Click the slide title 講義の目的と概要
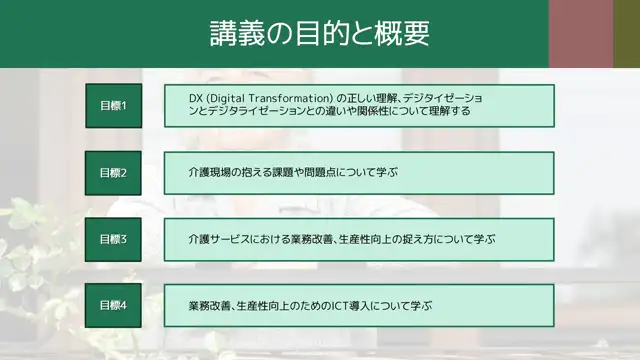click(319, 34)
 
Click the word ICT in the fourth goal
click(343, 305)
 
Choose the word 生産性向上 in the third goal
click(365, 239)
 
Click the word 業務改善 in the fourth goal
click(209, 305)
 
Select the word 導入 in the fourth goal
click(367, 305)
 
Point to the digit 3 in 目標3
click(124, 239)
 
